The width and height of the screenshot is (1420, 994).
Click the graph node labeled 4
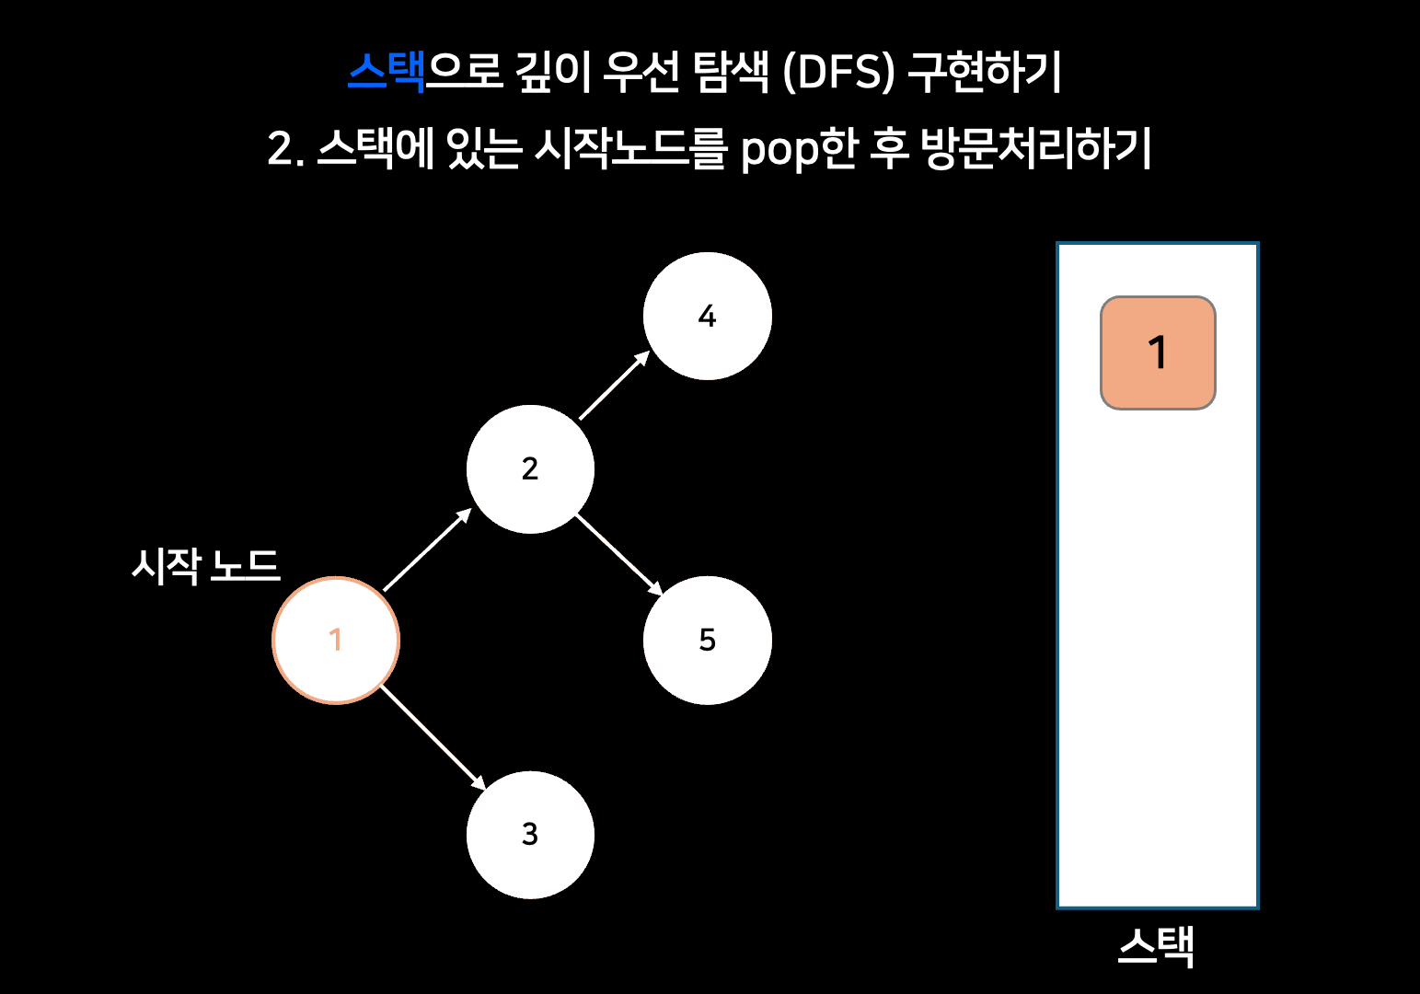pyautogui.click(x=707, y=316)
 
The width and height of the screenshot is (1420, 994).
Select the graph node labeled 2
pyautogui.click(x=530, y=469)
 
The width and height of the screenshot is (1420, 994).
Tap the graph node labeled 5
pyautogui.click(x=707, y=640)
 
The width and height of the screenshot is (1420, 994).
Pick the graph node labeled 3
pyautogui.click(x=530, y=835)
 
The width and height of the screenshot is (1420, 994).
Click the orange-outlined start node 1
pyautogui.click(x=336, y=640)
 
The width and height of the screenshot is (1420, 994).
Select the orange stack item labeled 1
pyautogui.click(x=1158, y=353)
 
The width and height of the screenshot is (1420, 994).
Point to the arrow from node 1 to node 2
pyautogui.click(x=426, y=550)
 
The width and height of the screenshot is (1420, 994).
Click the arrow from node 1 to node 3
pyautogui.click(x=433, y=737)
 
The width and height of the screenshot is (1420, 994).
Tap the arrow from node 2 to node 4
pyautogui.click(x=614, y=386)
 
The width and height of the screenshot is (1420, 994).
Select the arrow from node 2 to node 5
pyautogui.click(x=618, y=554)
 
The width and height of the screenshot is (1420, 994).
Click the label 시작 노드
pyautogui.click(x=205, y=565)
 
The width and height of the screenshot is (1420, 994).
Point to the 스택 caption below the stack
pyautogui.click(x=1157, y=946)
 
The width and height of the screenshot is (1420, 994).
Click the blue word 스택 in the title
pyautogui.click(x=387, y=71)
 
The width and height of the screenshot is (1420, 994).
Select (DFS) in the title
pyautogui.click(x=838, y=72)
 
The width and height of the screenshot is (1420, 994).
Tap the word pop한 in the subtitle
pyautogui.click(x=799, y=149)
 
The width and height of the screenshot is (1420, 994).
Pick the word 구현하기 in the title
pyautogui.click(x=985, y=71)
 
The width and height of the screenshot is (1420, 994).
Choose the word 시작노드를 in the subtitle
pyautogui.click(x=630, y=148)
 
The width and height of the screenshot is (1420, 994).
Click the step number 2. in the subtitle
pyautogui.click(x=285, y=149)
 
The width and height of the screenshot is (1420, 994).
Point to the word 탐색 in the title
pyautogui.click(x=731, y=71)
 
